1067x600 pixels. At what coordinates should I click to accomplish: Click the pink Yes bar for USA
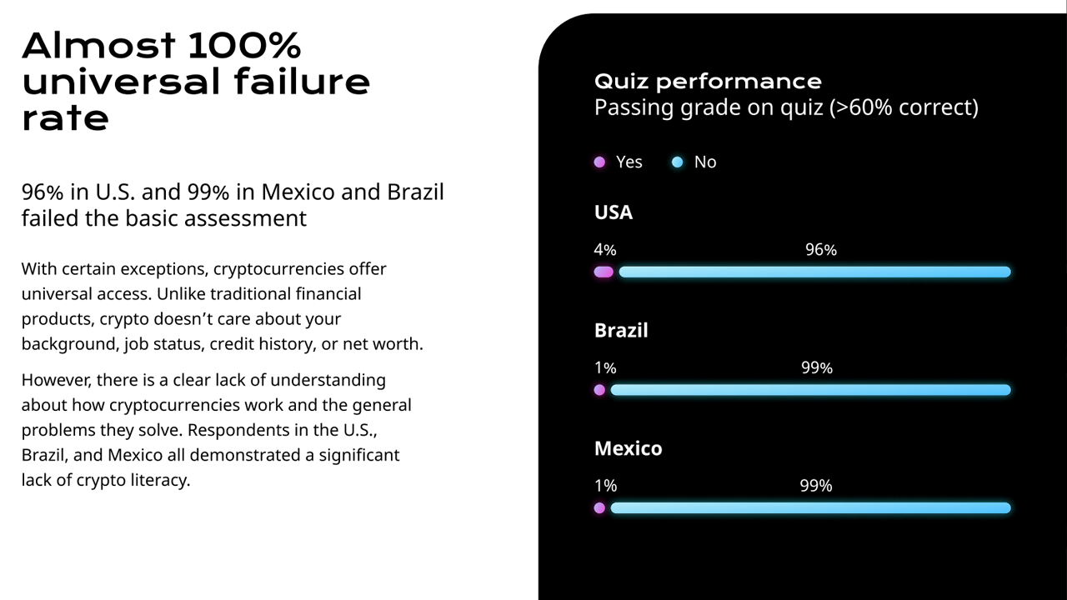coord(604,272)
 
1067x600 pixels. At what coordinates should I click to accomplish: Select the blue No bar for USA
coord(814,272)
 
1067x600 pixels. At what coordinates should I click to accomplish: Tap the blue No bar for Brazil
coord(810,390)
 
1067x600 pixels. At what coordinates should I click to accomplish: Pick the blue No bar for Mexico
coord(810,507)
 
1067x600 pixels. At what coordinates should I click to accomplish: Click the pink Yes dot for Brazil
coord(599,390)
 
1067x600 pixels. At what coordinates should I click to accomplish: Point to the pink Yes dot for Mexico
coord(599,507)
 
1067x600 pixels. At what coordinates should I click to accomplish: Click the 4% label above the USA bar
coord(605,249)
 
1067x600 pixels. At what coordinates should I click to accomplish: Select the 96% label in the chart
coord(821,249)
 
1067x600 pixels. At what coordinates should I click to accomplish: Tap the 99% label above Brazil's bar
coord(817,367)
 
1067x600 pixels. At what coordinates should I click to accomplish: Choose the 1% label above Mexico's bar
coord(605,486)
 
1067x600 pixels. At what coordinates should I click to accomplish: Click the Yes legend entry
coord(619,162)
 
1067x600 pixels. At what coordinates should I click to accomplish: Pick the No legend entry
coord(695,162)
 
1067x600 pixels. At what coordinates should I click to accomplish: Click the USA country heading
coord(614,212)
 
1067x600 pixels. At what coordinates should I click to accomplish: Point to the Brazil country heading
coord(621,330)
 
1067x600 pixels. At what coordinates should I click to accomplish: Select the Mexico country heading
coord(628,448)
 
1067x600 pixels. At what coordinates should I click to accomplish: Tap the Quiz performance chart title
coord(708,81)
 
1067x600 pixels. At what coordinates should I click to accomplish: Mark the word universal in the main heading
coord(122,82)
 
